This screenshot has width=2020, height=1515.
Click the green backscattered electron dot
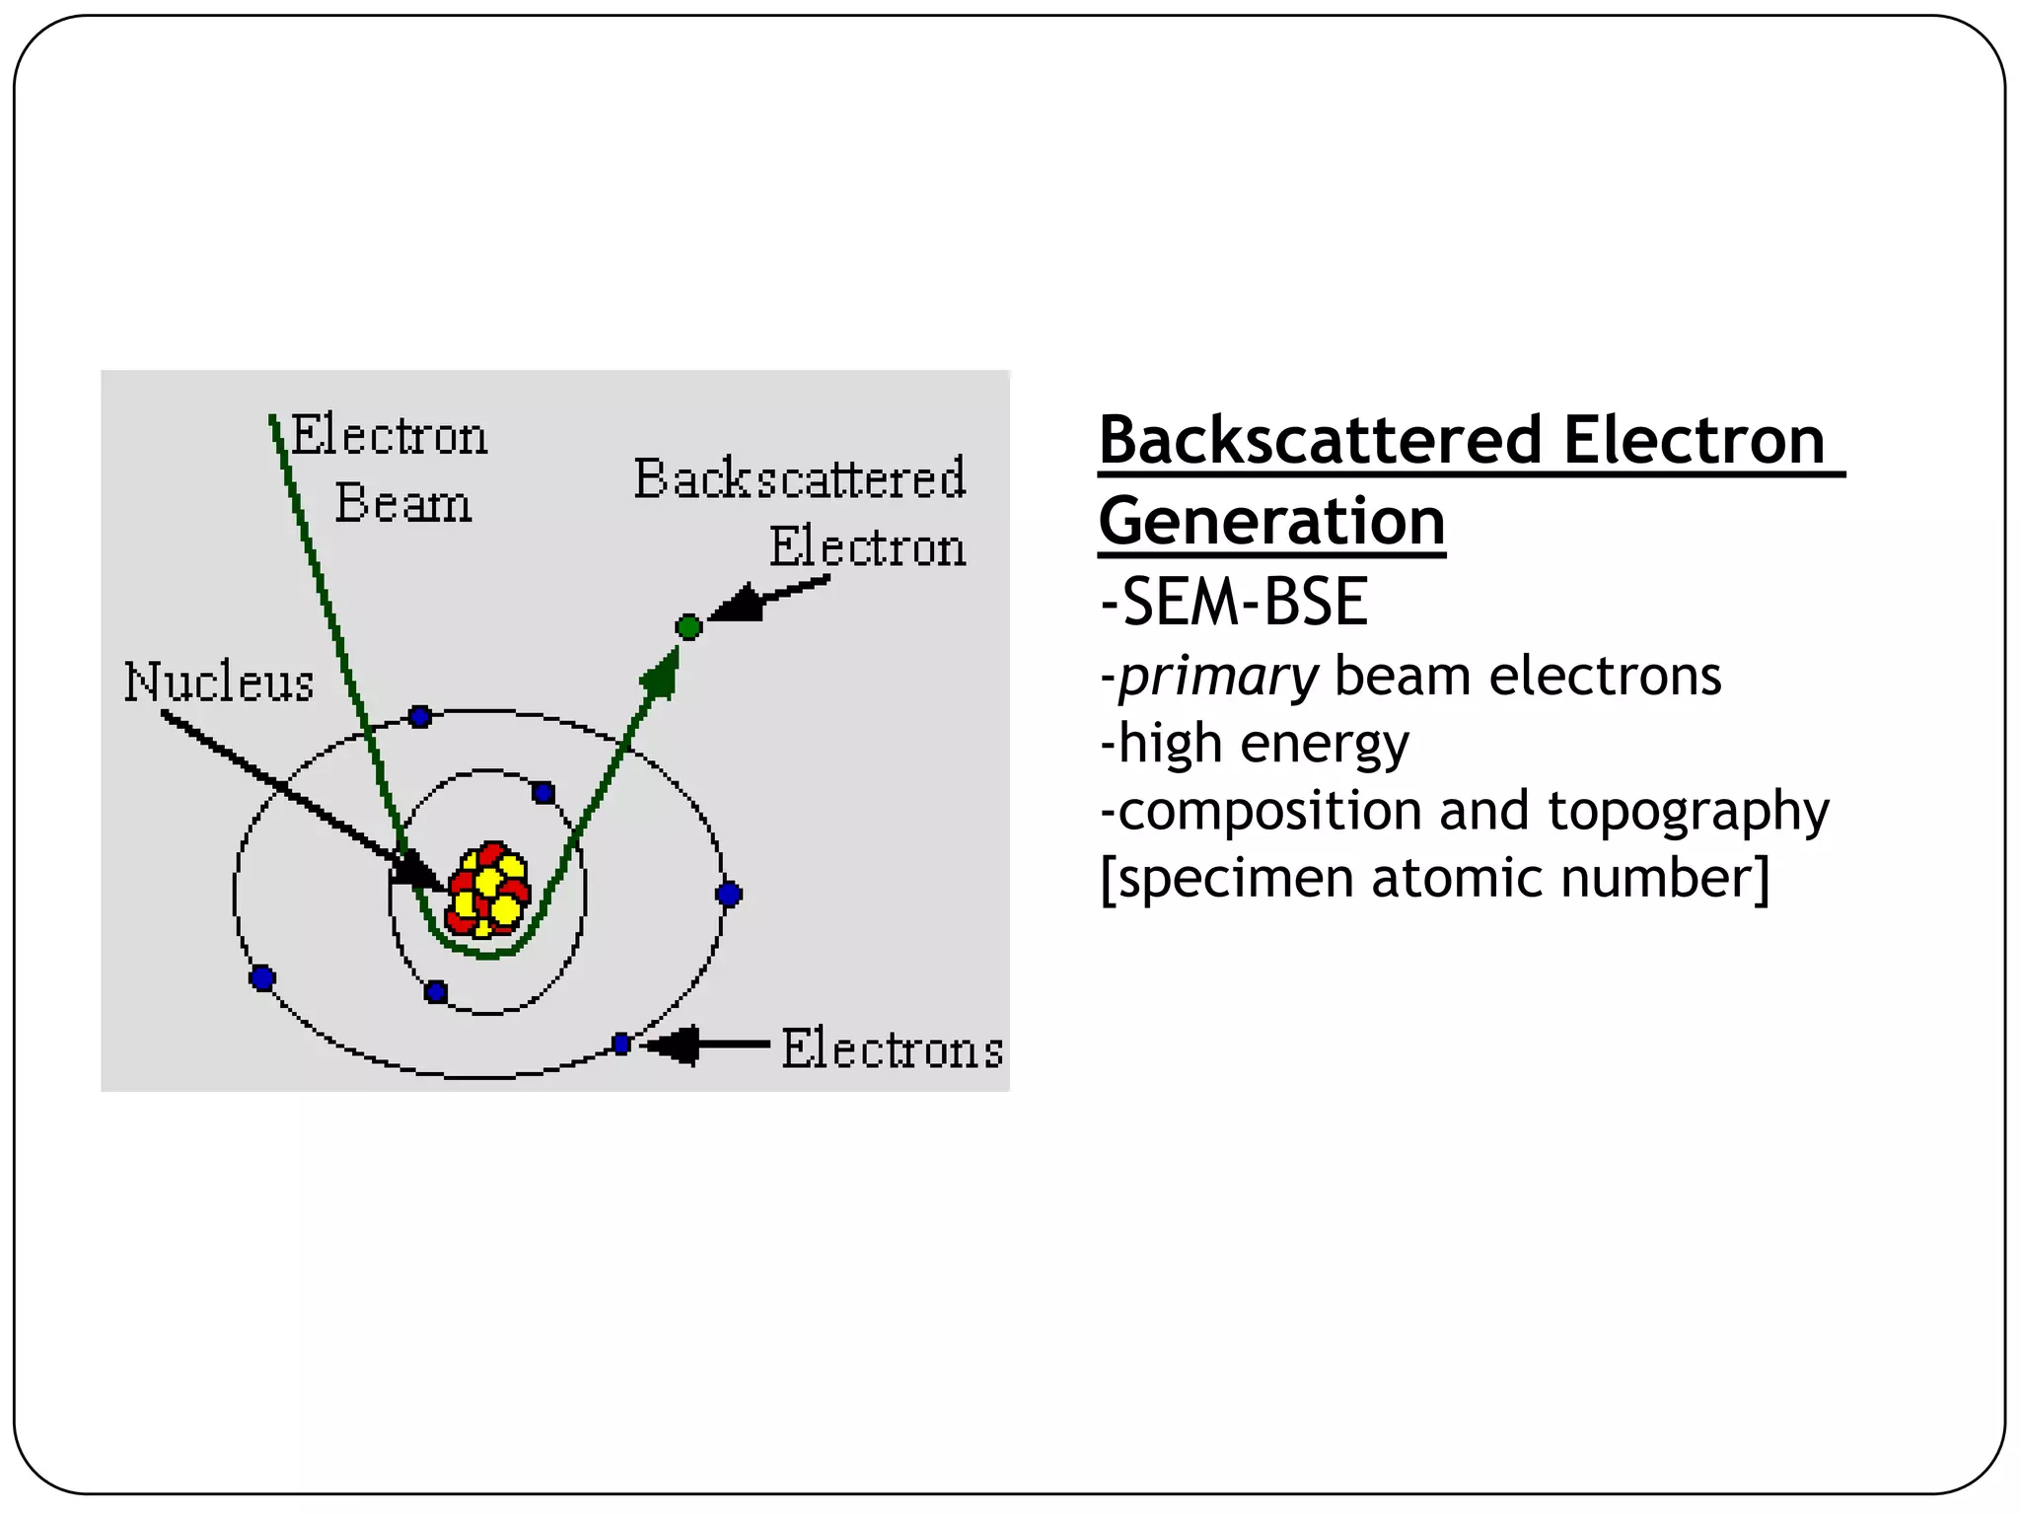pos(688,626)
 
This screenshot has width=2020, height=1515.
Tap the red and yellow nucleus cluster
pos(488,890)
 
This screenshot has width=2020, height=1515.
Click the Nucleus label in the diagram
pos(219,683)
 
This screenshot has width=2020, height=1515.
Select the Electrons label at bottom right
pos(892,1048)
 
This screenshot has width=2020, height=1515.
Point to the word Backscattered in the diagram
pos(799,479)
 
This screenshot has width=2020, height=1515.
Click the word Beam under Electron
pos(402,504)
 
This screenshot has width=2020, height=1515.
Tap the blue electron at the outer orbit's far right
pos(729,895)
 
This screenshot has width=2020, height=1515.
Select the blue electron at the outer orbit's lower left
pos(262,978)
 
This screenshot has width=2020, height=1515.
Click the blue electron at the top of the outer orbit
pos(420,717)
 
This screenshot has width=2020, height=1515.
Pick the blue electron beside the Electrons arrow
pos(621,1044)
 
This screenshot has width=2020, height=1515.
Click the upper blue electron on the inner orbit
pos(543,793)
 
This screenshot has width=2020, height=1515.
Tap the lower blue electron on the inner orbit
pos(436,992)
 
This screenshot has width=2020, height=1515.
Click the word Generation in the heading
pos(1271,522)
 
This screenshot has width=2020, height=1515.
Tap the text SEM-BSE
pos(1234,602)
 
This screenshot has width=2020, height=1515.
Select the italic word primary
pos(1218,678)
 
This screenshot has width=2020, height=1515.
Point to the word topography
pos(1688,811)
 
